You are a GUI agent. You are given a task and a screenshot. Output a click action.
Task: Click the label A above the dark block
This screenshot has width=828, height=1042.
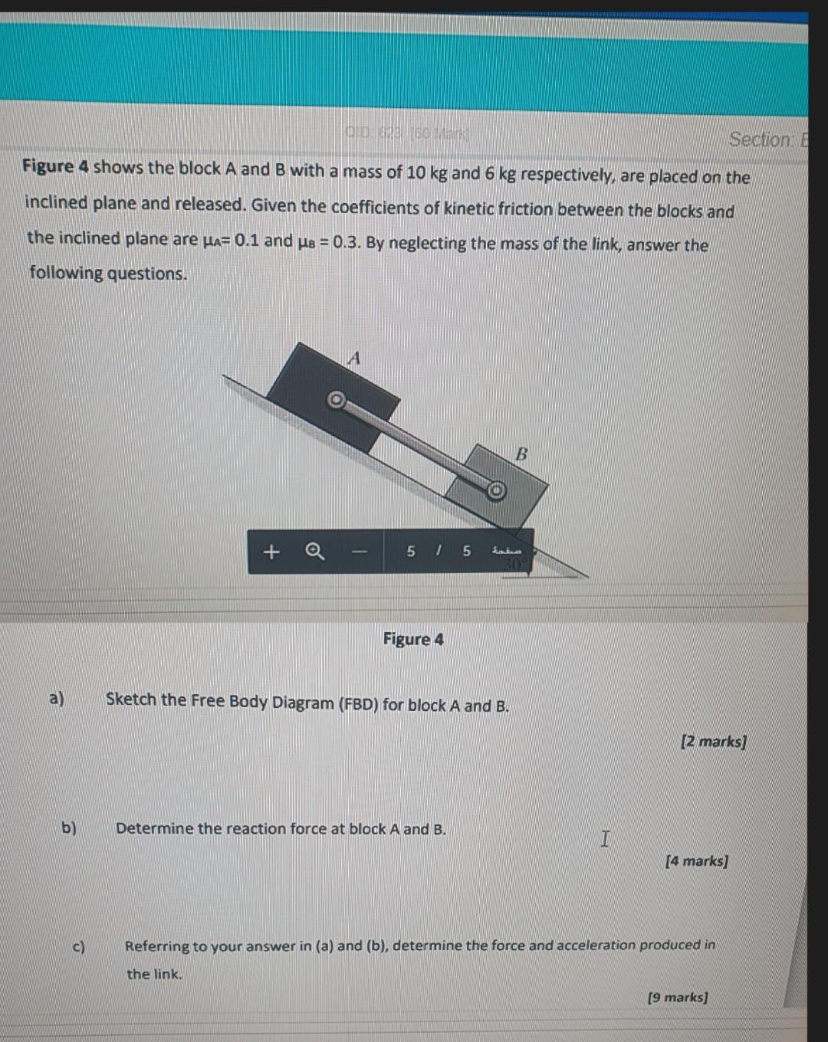point(353,358)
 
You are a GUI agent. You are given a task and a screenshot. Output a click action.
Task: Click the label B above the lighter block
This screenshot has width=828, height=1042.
point(521,454)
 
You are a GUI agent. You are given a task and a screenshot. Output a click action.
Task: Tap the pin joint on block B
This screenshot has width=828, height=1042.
point(496,490)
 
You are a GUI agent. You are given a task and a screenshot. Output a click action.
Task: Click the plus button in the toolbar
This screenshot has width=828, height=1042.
point(271,552)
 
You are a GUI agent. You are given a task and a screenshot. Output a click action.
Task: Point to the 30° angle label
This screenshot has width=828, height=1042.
point(511,565)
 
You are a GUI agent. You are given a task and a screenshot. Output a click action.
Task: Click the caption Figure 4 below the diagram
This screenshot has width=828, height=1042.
point(413,639)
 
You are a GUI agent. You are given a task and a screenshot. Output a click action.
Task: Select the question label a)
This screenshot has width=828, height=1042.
point(57,698)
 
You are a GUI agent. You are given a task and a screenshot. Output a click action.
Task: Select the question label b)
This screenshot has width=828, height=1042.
point(70,827)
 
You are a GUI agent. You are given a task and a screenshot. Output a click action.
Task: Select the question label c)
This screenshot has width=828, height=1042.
point(79,946)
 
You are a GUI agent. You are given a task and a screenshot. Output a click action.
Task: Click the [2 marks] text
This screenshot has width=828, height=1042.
point(713,741)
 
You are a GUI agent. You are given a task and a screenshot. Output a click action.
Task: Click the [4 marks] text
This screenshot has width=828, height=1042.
point(696,860)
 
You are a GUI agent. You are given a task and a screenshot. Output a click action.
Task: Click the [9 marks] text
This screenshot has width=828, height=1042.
point(677,997)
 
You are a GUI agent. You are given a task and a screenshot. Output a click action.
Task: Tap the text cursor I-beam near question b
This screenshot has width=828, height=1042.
point(606,840)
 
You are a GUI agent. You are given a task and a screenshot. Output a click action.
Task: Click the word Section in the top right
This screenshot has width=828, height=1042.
point(761,139)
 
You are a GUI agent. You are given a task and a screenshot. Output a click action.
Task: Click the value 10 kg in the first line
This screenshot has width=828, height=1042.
point(426,172)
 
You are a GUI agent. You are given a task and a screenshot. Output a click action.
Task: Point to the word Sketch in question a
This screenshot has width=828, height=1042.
point(131,700)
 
